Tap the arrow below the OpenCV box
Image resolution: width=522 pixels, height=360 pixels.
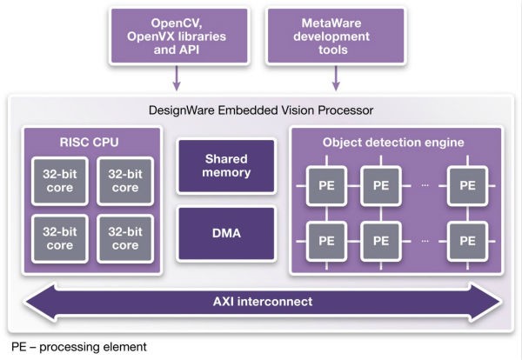click(177, 82)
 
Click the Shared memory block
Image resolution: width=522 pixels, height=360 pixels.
click(227, 166)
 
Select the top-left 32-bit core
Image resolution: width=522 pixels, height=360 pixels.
click(58, 180)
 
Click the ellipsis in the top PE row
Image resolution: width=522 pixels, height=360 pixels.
click(424, 185)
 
